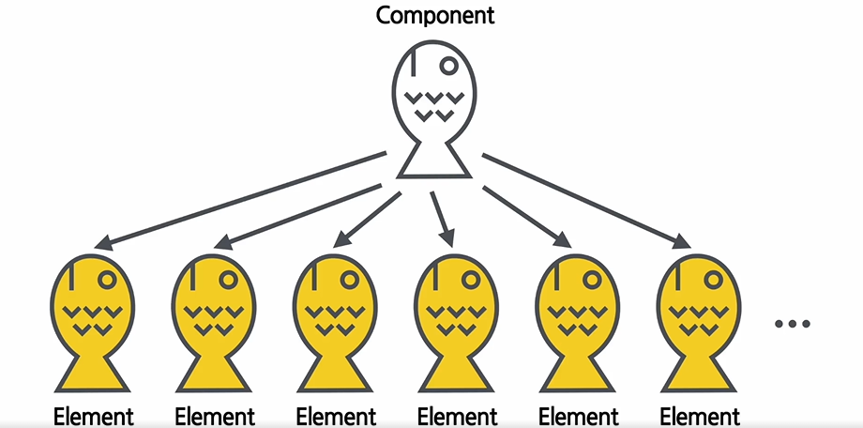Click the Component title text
(x=435, y=16)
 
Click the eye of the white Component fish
(x=449, y=66)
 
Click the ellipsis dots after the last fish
(x=793, y=324)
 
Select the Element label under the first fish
(x=94, y=416)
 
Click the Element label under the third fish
(x=336, y=416)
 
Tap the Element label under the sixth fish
(x=700, y=416)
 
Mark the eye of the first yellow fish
(x=108, y=279)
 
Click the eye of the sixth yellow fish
(x=715, y=279)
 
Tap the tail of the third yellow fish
(x=334, y=374)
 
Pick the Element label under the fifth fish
(x=579, y=416)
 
